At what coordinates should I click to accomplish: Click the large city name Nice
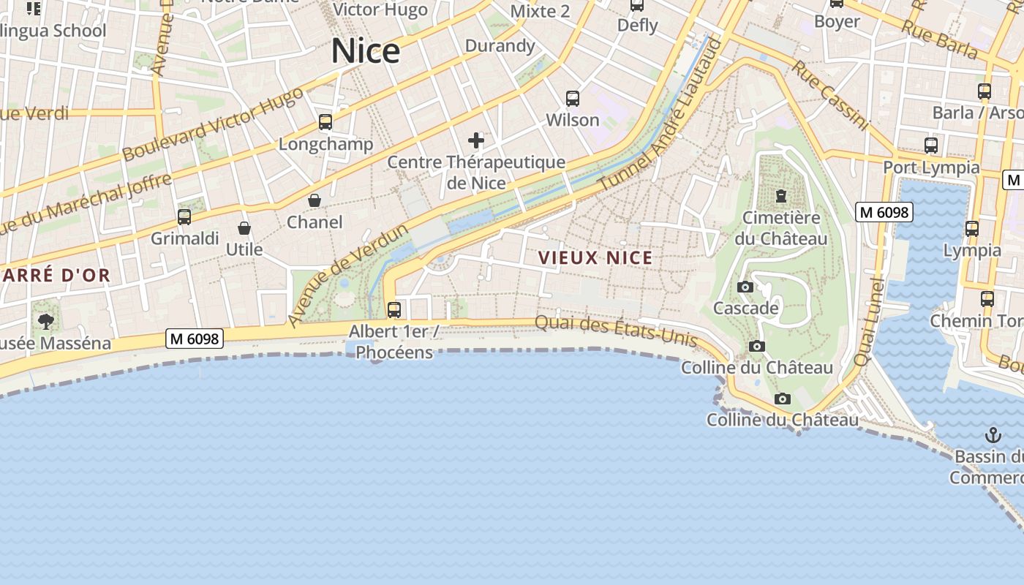pos(366,50)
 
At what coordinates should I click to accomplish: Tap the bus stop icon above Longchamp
pos(325,122)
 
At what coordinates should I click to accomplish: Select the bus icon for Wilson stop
pos(573,98)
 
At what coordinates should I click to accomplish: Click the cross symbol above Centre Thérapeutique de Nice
pos(476,140)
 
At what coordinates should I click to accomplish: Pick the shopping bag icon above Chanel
pos(315,200)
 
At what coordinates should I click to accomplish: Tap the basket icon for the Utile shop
pos(244,228)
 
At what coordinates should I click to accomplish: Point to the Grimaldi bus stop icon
pos(184,217)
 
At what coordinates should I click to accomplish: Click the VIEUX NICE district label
pos(595,258)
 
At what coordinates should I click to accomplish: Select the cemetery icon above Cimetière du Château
pos(781,196)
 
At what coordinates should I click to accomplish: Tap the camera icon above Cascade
pos(745,287)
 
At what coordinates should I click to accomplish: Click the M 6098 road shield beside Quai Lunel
pos(884,212)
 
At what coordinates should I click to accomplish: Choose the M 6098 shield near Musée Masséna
pos(195,339)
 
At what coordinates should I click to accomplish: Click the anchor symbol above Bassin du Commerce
pos(993,435)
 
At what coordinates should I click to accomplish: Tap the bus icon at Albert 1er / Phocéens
pos(394,309)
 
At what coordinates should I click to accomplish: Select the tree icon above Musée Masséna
pos(46,321)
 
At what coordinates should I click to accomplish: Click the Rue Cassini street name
pos(831,96)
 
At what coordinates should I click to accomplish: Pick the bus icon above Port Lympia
pos(931,146)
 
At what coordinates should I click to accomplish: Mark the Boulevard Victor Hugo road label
pos(212,125)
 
